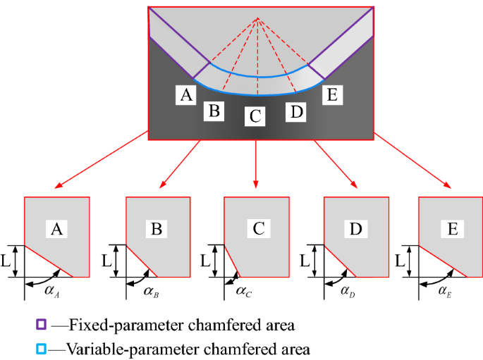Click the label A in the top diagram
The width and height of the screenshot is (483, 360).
click(187, 94)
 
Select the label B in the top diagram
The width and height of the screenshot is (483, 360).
click(214, 111)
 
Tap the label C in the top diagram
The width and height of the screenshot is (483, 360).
click(255, 116)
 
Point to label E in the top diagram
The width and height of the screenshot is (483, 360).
click(332, 94)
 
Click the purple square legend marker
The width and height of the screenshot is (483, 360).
click(42, 325)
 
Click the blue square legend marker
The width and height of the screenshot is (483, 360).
click(42, 348)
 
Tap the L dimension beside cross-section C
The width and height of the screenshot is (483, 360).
click(204, 260)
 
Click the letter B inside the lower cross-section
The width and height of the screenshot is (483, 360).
click(157, 228)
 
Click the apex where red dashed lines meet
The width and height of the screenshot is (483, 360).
click(258, 18)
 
